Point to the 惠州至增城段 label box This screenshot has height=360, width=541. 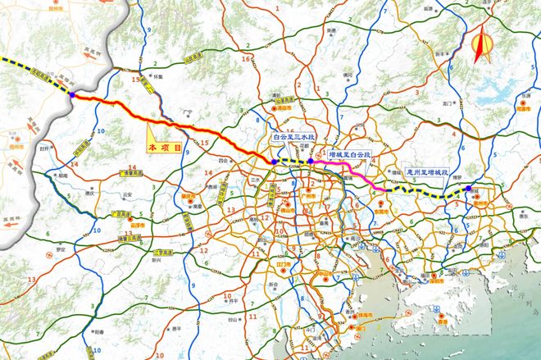pyautogui.click(x=430, y=173)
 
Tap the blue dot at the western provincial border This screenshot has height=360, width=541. pyautogui.click(x=72, y=95)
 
